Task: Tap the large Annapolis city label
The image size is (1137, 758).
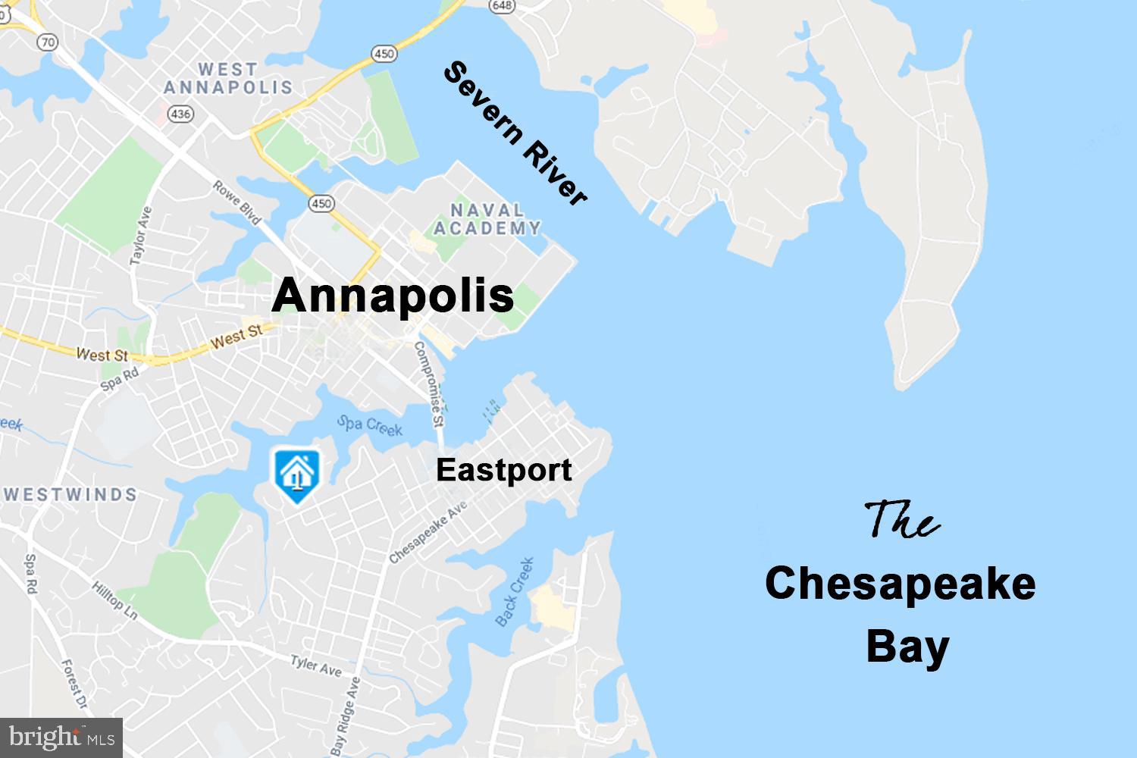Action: click(393, 295)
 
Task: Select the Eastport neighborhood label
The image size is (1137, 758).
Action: click(503, 470)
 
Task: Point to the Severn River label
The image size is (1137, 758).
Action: click(515, 134)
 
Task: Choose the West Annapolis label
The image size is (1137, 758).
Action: click(228, 79)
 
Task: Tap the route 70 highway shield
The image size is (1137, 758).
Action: click(48, 42)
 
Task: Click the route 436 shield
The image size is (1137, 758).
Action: click(182, 114)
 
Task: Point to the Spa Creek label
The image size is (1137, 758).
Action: click(369, 425)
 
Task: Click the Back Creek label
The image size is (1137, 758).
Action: click(515, 592)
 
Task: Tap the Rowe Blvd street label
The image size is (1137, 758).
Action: click(237, 202)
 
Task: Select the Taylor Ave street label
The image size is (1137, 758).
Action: click(141, 235)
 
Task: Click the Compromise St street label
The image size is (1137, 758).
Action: click(428, 383)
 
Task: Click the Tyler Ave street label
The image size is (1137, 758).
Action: click(316, 666)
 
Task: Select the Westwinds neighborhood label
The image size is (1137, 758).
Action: click(70, 495)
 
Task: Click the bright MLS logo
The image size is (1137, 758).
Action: click(61, 737)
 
